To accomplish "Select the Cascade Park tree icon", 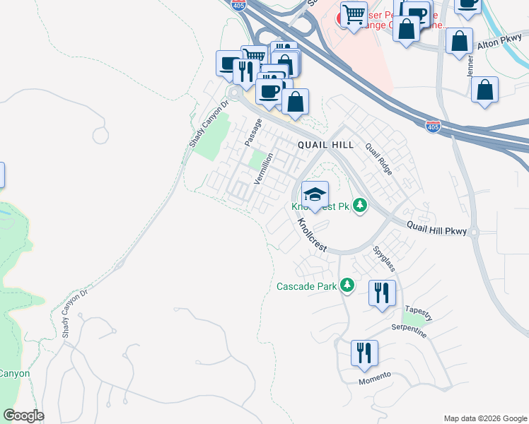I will pyautogui.click(x=347, y=285).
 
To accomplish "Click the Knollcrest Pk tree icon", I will pyautogui.click(x=361, y=206).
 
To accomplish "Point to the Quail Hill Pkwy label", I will pyautogui.click(x=437, y=228).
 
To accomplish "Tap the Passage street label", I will pyautogui.click(x=252, y=132).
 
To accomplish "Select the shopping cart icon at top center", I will pyautogui.click(x=354, y=13).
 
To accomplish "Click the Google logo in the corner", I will pyautogui.click(x=23, y=416).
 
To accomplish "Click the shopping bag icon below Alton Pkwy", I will pyautogui.click(x=484, y=90).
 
